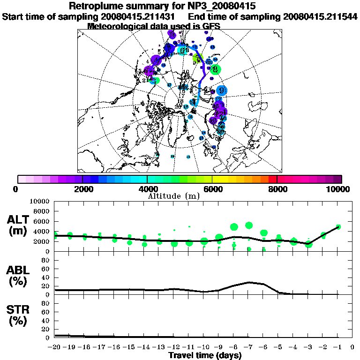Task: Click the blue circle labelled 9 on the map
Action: pos(222,90)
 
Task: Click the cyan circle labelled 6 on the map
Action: pos(182,50)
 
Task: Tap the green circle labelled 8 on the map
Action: pos(215,69)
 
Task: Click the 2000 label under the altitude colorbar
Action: pos(82,189)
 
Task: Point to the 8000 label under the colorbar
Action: pos(277,189)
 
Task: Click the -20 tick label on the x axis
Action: pos(55,347)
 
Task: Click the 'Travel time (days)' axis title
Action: pos(205,355)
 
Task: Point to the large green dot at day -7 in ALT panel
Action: pos(249,225)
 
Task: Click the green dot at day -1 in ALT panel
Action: pos(338,227)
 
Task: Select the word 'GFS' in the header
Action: pos(211,26)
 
